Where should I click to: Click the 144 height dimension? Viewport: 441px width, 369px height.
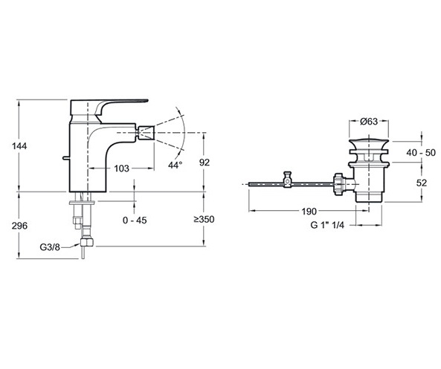(x=19, y=146)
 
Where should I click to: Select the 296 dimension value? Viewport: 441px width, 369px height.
(x=19, y=226)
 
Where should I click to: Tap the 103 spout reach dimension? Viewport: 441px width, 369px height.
(x=121, y=169)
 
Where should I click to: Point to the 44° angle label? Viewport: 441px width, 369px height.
(x=175, y=165)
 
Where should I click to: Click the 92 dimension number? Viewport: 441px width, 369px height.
(x=205, y=163)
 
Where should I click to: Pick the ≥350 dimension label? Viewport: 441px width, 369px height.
(x=204, y=219)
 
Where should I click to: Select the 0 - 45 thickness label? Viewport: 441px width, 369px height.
(x=135, y=221)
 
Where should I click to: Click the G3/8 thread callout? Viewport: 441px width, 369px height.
(x=50, y=247)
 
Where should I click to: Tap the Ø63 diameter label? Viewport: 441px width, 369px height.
(x=369, y=121)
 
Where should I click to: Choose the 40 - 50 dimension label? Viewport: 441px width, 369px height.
(x=421, y=153)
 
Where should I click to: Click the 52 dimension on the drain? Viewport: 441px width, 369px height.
(x=422, y=183)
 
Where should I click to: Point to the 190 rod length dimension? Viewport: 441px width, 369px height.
(x=309, y=211)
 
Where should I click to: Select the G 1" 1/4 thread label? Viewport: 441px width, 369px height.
(x=327, y=225)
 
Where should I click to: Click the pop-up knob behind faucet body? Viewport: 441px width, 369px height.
(x=66, y=158)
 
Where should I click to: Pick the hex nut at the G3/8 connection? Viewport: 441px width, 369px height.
(x=87, y=242)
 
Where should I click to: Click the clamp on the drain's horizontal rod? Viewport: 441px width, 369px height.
(x=287, y=180)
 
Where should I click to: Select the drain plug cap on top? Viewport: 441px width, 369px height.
(x=369, y=145)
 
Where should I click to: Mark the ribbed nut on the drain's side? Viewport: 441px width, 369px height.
(x=338, y=184)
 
